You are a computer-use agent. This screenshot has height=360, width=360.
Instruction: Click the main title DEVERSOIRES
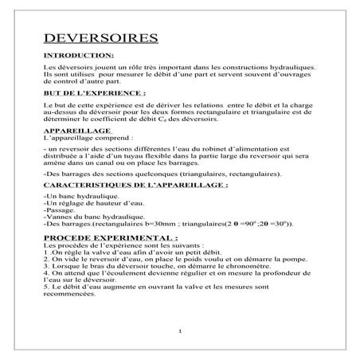[x=100, y=39]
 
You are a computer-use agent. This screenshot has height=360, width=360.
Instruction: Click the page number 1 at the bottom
[x=181, y=331]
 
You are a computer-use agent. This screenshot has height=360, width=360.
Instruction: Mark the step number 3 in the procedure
[x=45, y=265]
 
